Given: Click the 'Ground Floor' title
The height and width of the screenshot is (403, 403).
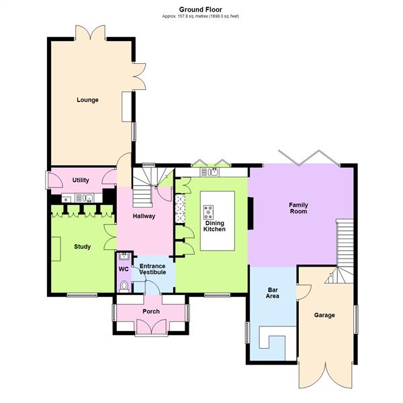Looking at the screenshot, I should [x=201, y=9].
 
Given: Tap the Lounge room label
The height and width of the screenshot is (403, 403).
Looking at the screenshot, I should [x=87, y=100].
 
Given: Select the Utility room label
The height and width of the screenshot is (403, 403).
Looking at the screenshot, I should [x=81, y=181].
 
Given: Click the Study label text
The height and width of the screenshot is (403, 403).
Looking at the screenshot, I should [x=82, y=247].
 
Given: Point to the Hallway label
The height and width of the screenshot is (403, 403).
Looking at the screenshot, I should [x=144, y=216].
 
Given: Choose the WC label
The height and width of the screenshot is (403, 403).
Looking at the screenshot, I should [x=124, y=269].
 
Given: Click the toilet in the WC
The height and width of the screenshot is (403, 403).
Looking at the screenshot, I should [x=124, y=286].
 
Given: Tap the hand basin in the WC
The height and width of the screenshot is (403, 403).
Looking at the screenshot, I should [x=124, y=256].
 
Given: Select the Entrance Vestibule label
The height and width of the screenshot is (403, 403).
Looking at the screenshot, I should [x=152, y=270].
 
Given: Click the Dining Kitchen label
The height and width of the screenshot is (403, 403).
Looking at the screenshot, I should [x=215, y=226].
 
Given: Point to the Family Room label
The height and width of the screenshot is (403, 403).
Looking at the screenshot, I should [x=298, y=208].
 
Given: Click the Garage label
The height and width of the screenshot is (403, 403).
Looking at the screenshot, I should [x=324, y=315].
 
